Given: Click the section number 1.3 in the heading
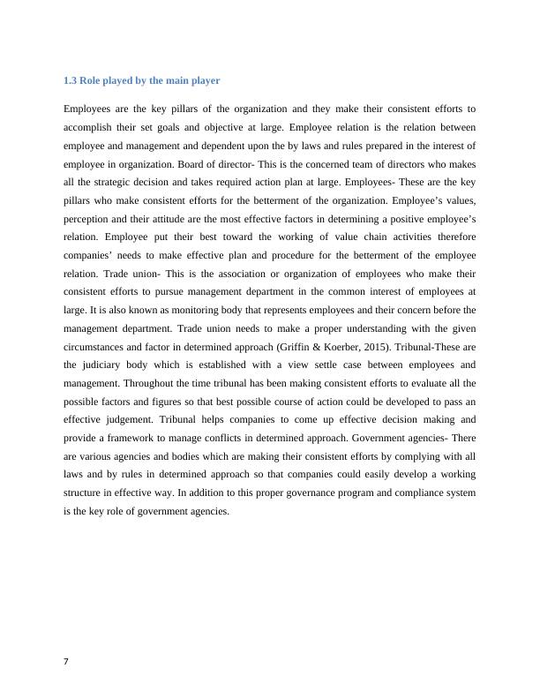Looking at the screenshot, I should point(70,80).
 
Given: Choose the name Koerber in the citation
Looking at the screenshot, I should point(294,349).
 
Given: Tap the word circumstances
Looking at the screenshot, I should point(99,349).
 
